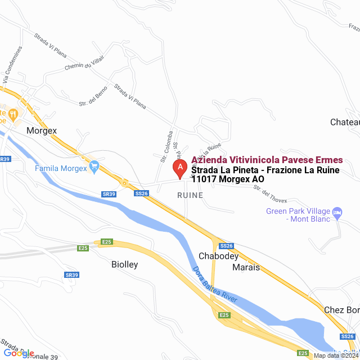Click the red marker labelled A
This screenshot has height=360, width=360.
180,168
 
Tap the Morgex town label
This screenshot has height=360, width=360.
42,130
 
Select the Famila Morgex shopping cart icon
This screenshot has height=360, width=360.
94,167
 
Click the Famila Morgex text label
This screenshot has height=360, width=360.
61,168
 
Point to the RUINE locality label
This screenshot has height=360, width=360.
190,195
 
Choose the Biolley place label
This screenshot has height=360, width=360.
124,264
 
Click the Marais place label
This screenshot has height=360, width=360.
246,267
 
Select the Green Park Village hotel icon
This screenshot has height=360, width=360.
337,212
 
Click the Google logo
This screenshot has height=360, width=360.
19,353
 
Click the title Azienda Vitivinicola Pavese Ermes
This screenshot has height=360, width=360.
267,160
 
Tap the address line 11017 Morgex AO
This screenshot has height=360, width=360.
227,179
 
